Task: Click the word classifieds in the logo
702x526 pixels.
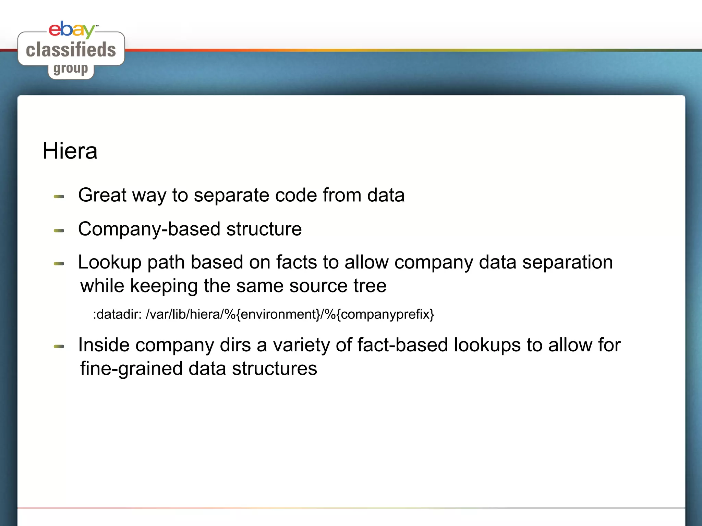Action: click(71, 50)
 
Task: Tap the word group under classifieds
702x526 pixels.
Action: click(71, 69)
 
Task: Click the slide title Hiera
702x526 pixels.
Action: click(70, 151)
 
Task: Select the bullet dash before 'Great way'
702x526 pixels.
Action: click(59, 197)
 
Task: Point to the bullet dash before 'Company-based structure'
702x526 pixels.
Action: click(59, 231)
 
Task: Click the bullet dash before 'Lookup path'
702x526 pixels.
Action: click(59, 264)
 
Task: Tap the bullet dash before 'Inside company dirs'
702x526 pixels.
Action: click(59, 347)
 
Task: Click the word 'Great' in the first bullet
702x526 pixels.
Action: click(102, 195)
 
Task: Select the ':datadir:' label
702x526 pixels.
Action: click(117, 314)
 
